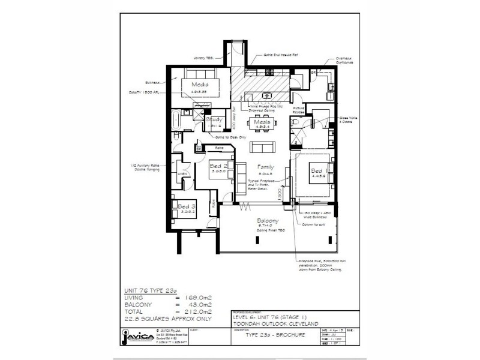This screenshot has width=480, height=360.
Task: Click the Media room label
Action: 200,85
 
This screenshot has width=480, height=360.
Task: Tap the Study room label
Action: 214,119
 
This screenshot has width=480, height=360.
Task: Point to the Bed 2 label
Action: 217,166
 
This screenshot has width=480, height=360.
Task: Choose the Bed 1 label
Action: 317,171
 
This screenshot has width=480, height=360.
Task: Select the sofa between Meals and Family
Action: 260,148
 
